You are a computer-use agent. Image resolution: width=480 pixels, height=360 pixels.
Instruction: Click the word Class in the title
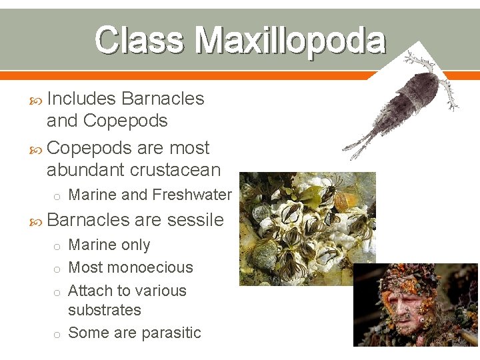click(x=139, y=41)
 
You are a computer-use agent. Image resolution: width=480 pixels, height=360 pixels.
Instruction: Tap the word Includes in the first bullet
click(x=81, y=99)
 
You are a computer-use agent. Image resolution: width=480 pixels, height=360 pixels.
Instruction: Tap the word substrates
click(x=105, y=310)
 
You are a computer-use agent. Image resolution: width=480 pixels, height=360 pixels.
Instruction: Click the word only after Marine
click(x=135, y=245)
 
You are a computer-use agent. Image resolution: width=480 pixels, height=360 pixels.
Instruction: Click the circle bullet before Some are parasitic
click(x=58, y=333)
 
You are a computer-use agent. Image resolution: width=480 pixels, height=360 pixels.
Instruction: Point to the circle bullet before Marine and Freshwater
click(x=58, y=195)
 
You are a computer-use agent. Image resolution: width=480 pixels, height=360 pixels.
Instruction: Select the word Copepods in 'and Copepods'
click(x=125, y=121)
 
